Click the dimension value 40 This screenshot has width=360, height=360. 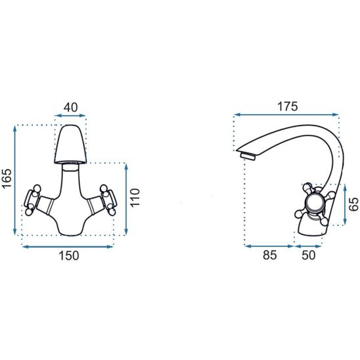tap(70, 108)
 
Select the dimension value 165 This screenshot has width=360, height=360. tap(7, 179)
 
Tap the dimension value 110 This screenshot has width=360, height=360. tap(135, 198)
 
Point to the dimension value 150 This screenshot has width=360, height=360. tap(69, 256)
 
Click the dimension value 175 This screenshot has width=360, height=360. tap(288, 106)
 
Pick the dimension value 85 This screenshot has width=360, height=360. tap(270, 255)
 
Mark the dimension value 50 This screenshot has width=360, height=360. tap(308, 255)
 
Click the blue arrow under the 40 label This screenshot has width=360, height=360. tap(70, 116)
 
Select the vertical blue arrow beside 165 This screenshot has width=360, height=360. tap(15, 180)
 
